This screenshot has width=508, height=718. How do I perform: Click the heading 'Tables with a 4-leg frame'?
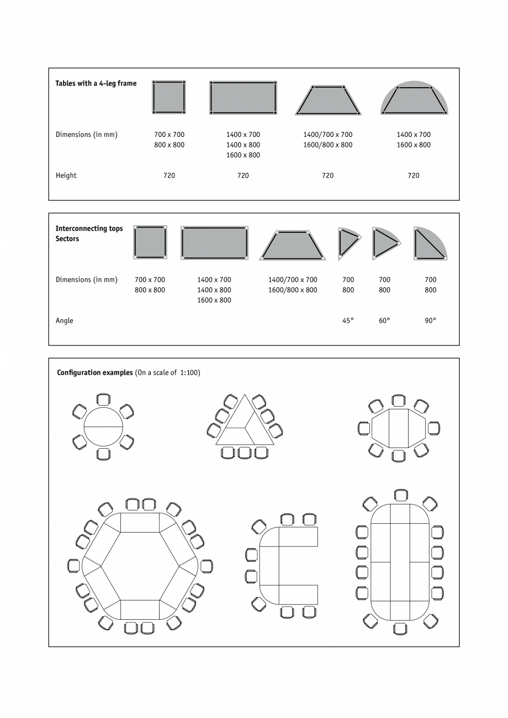point(96,84)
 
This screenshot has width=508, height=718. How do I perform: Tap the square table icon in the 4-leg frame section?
point(169,97)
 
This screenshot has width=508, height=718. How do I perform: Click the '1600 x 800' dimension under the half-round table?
point(414,145)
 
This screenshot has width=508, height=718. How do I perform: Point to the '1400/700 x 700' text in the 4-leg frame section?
point(327,135)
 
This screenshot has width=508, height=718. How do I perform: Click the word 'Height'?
point(66,175)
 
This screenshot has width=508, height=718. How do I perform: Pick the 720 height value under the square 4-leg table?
point(169,175)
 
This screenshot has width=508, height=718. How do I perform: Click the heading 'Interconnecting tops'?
point(89,228)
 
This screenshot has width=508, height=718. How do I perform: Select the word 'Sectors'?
point(67,239)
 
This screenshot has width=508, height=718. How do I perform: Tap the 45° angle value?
point(348,321)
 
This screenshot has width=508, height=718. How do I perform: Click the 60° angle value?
point(384,321)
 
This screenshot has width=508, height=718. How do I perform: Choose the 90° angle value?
point(430,321)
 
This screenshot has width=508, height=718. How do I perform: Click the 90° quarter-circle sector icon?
point(429,244)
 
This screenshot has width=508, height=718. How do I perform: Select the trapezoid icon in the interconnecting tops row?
point(293,245)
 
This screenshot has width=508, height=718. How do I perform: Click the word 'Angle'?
point(65,321)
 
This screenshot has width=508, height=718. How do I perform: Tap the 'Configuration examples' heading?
point(95,373)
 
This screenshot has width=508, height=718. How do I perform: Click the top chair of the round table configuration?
point(103,400)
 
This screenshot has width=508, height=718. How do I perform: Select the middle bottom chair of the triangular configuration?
point(245,453)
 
